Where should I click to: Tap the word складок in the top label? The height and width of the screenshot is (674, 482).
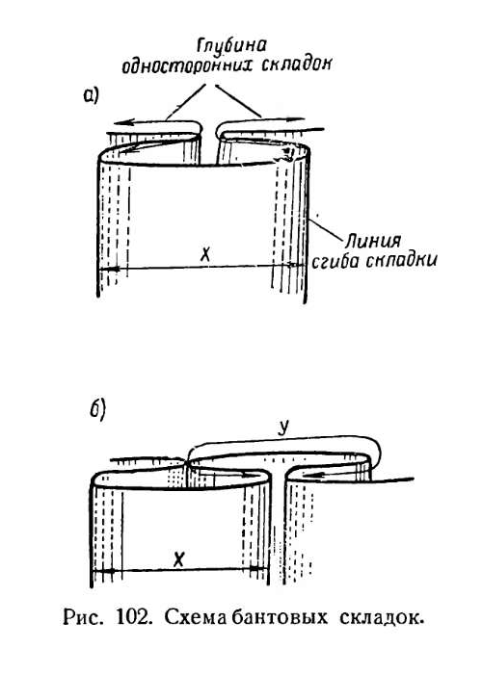297,64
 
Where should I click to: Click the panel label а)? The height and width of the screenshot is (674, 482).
91,95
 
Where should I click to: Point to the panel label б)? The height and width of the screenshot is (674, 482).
97,410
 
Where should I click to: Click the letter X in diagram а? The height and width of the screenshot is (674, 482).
206,255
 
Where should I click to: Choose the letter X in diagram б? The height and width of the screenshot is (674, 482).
179,559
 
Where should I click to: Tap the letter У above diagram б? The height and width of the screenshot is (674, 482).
282,428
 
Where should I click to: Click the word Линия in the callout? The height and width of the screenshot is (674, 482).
373,241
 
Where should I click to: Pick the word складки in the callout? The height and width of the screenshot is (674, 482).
403,261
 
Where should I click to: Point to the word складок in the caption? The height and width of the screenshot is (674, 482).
382,618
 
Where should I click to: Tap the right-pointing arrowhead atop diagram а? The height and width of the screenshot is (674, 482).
297,119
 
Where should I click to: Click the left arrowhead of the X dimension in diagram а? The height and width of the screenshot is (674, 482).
109,269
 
